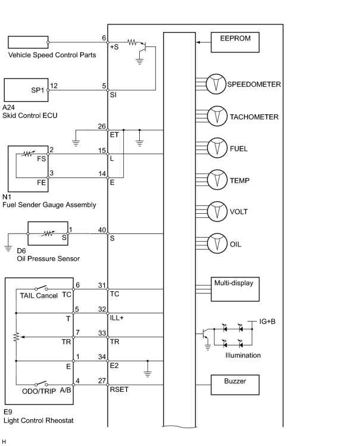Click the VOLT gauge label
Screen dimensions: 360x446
(239, 211)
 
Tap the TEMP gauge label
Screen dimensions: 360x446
(240, 180)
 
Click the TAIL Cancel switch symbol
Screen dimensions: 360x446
(41, 288)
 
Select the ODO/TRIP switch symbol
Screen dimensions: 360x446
(41, 383)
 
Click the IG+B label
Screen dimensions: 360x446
(267, 322)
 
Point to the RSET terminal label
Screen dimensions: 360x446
(120, 389)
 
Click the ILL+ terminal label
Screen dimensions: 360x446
(117, 318)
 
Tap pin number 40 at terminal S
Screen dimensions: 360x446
(102, 230)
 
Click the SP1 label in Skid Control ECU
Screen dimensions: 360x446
(37, 90)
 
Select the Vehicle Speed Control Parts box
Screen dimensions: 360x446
(28, 42)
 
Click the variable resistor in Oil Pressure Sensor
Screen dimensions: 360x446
(48, 233)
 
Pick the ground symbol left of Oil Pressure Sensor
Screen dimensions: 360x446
(8, 248)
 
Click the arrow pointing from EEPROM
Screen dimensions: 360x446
(204, 42)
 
